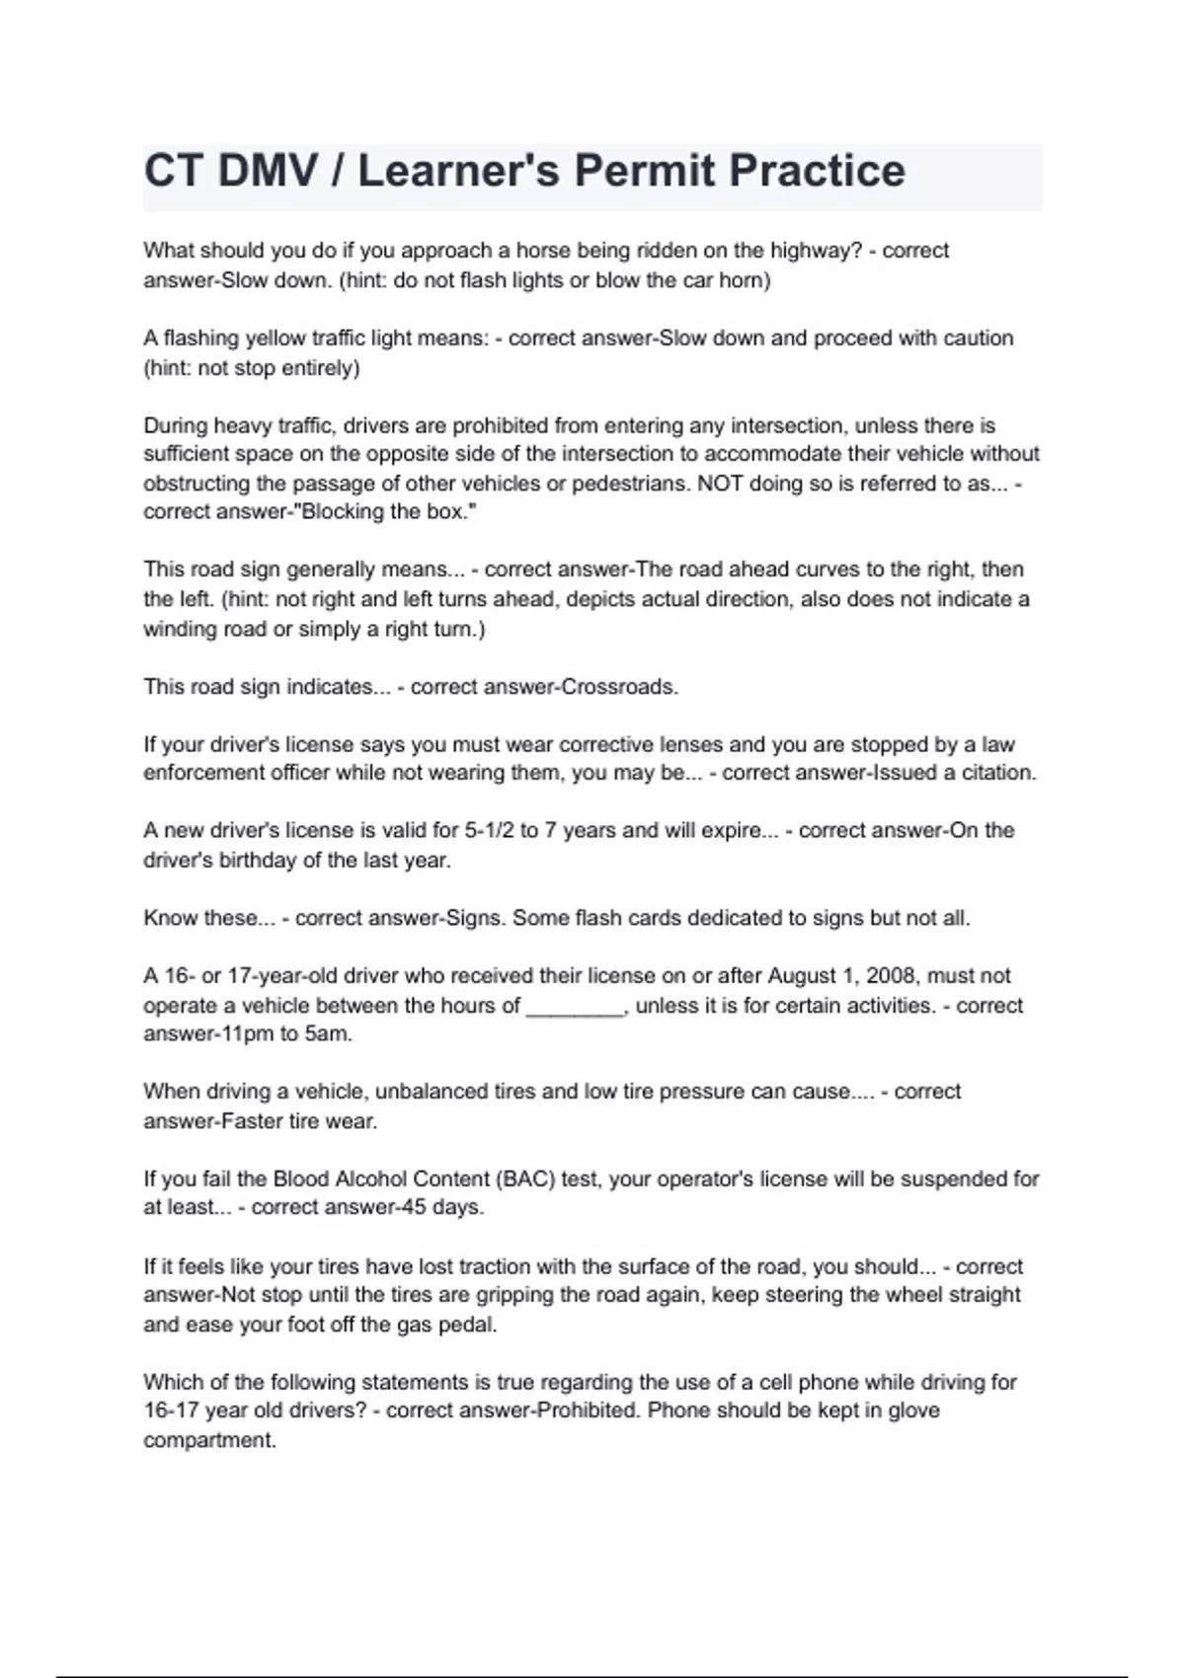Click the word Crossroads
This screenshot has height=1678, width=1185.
[619, 687]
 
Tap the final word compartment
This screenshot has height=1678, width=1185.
[208, 1441]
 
